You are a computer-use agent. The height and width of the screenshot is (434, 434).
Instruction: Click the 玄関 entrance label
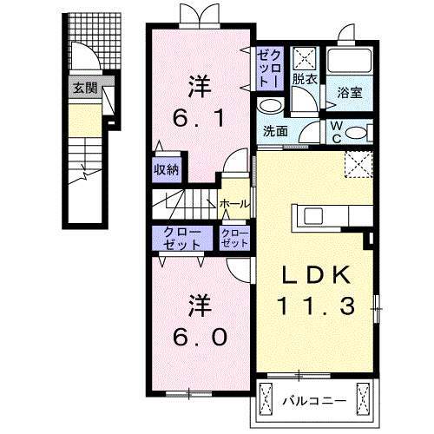[x=84, y=88]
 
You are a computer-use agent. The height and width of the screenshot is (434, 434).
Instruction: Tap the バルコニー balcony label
[x=315, y=401]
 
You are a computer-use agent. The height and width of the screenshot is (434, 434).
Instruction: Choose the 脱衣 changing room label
[x=303, y=79]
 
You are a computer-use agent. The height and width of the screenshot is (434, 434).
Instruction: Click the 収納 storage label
[x=168, y=169]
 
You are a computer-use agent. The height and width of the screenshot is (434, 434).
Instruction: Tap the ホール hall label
[x=235, y=204]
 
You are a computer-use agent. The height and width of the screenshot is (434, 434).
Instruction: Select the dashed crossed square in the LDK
[x=356, y=163]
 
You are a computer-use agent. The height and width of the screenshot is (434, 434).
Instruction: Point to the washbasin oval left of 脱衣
[x=272, y=107]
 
